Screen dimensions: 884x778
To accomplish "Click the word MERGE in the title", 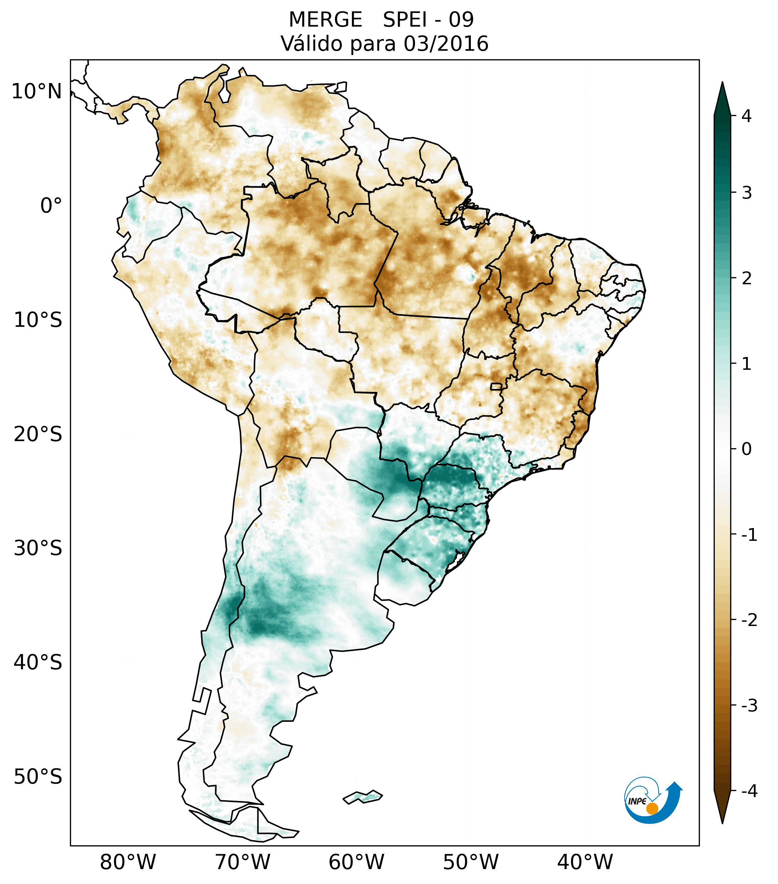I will (x=325, y=20).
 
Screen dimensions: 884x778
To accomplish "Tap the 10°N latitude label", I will (x=37, y=92).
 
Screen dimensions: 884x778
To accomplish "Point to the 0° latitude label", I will (x=51, y=206).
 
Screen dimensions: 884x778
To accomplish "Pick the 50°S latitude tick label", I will (x=38, y=777).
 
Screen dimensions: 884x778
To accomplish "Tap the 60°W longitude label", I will (x=356, y=862).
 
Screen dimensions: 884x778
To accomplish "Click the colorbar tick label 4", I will (x=746, y=116).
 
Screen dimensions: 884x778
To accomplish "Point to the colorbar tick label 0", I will (x=746, y=449).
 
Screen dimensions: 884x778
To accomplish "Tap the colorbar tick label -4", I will (x=749, y=791).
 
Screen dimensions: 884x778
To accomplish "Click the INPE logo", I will (x=653, y=800).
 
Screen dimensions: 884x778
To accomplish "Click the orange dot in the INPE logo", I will (x=652, y=808).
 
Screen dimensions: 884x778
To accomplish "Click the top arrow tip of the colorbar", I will (x=722, y=83).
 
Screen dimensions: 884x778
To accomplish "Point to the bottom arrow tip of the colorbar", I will (x=722, y=823).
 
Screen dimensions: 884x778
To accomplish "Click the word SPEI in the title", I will (x=404, y=20).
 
